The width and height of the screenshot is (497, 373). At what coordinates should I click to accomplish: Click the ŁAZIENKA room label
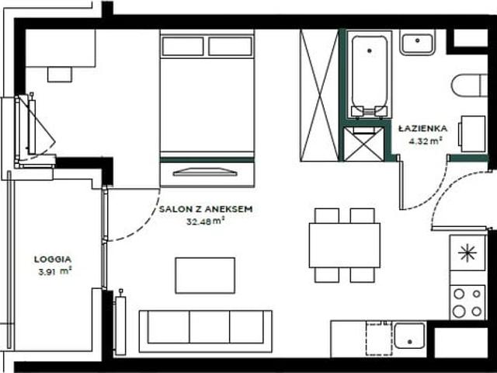click(422, 128)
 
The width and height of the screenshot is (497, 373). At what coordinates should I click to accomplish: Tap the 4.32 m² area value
click(425, 141)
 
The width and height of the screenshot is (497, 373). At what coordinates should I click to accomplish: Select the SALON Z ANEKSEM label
click(206, 209)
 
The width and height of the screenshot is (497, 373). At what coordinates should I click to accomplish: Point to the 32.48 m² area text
click(205, 221)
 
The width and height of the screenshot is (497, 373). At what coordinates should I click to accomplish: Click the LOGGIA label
click(53, 259)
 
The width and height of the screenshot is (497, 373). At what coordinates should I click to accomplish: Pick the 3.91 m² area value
click(55, 271)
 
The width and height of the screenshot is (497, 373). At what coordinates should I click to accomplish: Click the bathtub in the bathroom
click(370, 75)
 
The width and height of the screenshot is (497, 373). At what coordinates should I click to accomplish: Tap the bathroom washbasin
click(418, 43)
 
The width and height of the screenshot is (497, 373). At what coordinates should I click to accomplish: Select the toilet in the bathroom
click(469, 85)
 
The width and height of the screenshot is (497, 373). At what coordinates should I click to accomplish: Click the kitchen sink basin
click(409, 336)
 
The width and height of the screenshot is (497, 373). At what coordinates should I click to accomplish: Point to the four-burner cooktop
click(467, 302)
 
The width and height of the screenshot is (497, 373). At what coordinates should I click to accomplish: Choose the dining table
click(345, 246)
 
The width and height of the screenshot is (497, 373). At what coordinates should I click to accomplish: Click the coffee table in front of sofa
click(205, 275)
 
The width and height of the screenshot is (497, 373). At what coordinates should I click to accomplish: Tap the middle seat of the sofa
click(209, 326)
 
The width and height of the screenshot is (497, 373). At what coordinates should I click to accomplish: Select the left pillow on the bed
click(183, 47)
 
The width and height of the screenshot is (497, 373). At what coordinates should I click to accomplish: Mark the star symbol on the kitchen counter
click(467, 253)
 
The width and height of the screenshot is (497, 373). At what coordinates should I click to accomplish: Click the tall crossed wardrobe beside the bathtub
click(319, 96)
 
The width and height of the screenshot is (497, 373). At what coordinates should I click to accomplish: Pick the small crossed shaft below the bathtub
click(363, 144)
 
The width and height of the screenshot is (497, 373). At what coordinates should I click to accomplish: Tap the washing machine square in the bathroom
click(472, 134)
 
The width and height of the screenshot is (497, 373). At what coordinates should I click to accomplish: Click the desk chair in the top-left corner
click(60, 75)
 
